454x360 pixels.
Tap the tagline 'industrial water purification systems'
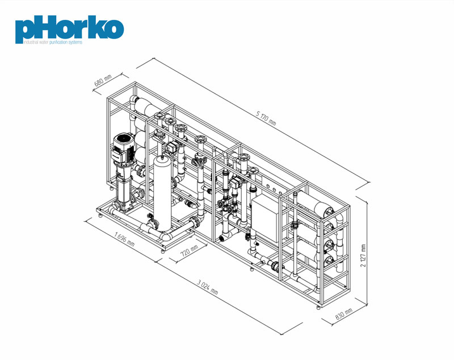tap(53, 42)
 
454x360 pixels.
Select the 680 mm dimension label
tap(103, 81)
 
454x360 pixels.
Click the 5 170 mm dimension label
tap(266, 119)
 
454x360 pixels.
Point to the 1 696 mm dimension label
tap(124, 239)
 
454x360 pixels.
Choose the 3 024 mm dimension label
tap(208, 287)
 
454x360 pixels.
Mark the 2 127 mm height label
tap(363, 256)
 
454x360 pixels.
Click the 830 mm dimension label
tap(344, 314)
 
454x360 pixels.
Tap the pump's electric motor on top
tap(124, 147)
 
